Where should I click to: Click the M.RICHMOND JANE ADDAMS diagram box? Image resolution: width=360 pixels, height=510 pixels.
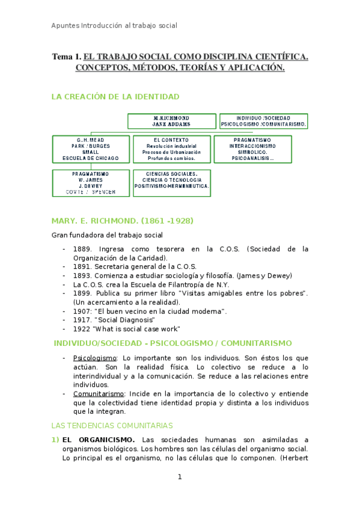tap(171, 121)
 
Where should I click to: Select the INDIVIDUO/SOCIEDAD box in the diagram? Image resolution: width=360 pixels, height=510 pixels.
tap(263, 121)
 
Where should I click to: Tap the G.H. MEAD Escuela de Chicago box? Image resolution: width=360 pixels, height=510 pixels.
tap(90, 149)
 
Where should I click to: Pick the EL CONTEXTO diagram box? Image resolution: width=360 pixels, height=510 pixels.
tap(171, 149)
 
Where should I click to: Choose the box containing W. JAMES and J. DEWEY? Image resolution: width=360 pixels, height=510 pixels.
tap(90, 182)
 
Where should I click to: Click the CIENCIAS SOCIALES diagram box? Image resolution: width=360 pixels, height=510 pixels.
tap(171, 179)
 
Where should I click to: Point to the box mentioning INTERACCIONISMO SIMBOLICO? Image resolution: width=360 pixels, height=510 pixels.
tap(252, 149)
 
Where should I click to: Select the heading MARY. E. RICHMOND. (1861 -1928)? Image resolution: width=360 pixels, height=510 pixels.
tap(123, 221)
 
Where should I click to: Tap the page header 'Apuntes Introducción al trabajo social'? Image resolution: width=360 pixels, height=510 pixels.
tap(114, 26)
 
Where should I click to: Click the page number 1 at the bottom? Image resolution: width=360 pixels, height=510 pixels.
tap(179, 477)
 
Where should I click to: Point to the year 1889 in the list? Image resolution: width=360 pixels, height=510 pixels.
tap(82, 248)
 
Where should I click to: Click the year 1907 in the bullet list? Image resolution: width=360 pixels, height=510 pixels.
tap(82, 312)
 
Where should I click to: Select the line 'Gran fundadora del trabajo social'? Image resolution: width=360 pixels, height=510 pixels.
tap(106, 235)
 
